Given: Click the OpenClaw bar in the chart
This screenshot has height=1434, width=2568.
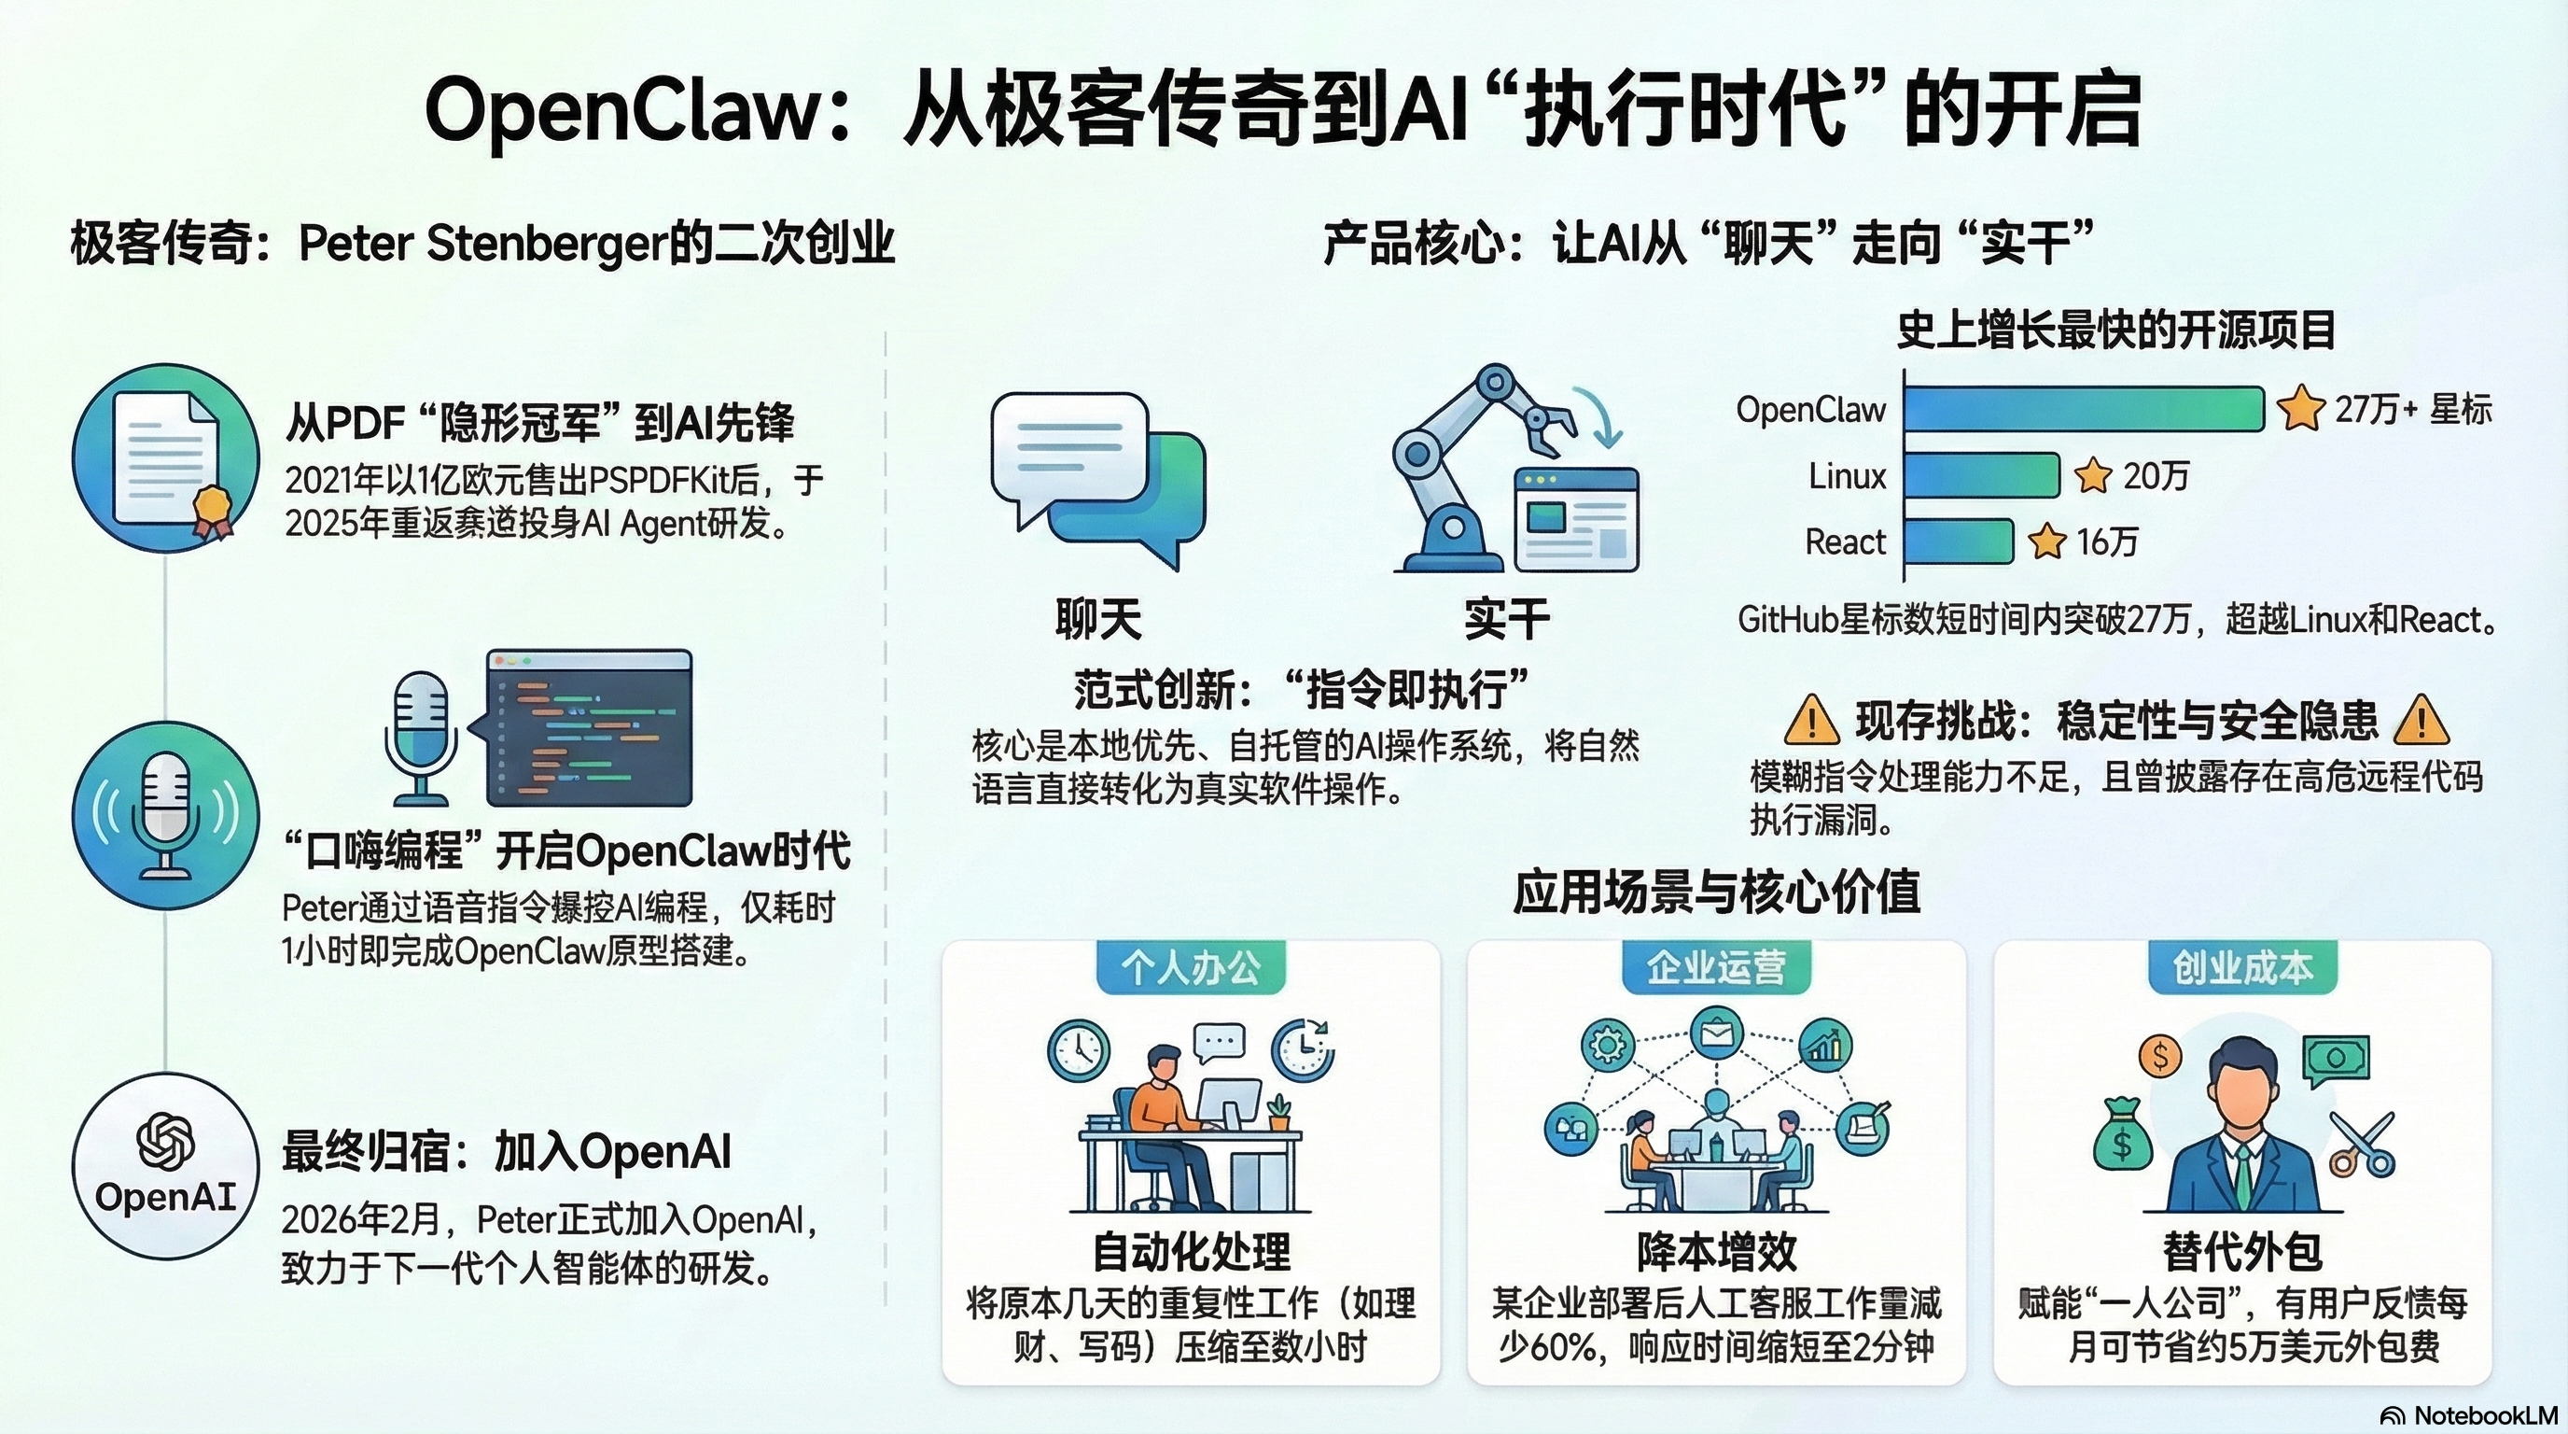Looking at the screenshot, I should click(x=2084, y=409).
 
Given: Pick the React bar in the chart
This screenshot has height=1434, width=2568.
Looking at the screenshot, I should click(x=1959, y=541).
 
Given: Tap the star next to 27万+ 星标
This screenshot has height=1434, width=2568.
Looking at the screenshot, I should click(x=2301, y=409).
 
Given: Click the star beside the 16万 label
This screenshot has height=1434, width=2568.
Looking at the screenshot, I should click(x=2046, y=541).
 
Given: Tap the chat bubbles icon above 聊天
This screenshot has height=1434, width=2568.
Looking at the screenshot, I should click(x=1096, y=479).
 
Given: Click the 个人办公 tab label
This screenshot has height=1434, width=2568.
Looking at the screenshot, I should click(x=1192, y=967).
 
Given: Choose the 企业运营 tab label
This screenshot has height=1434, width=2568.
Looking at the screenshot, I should click(x=1716, y=967).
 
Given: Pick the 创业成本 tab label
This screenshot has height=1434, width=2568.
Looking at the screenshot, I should click(x=2242, y=967).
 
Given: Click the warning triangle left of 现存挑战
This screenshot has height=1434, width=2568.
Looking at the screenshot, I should click(x=1810, y=720).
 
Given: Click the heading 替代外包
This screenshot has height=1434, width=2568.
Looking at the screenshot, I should click(x=2242, y=1250).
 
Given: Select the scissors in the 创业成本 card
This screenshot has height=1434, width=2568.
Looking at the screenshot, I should click(x=2363, y=1145).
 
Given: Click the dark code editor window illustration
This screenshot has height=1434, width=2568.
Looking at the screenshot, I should click(x=589, y=728).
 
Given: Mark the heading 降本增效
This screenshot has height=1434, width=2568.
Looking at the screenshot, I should click(x=1717, y=1250).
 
